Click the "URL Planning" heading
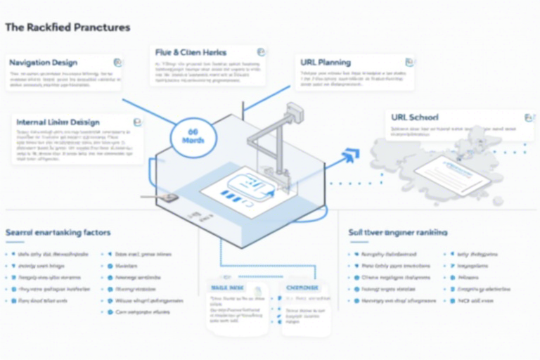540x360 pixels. pos(326,63)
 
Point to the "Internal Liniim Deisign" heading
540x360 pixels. pos(58,122)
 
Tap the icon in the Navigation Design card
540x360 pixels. pos(117,62)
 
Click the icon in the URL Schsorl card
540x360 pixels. pos(528,117)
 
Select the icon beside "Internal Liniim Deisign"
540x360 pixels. pos(138,122)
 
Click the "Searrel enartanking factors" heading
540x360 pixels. pos(58,232)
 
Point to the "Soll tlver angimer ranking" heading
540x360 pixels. pos(398,232)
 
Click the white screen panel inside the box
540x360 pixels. pos(243,188)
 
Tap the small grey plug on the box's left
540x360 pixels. pos(166,198)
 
